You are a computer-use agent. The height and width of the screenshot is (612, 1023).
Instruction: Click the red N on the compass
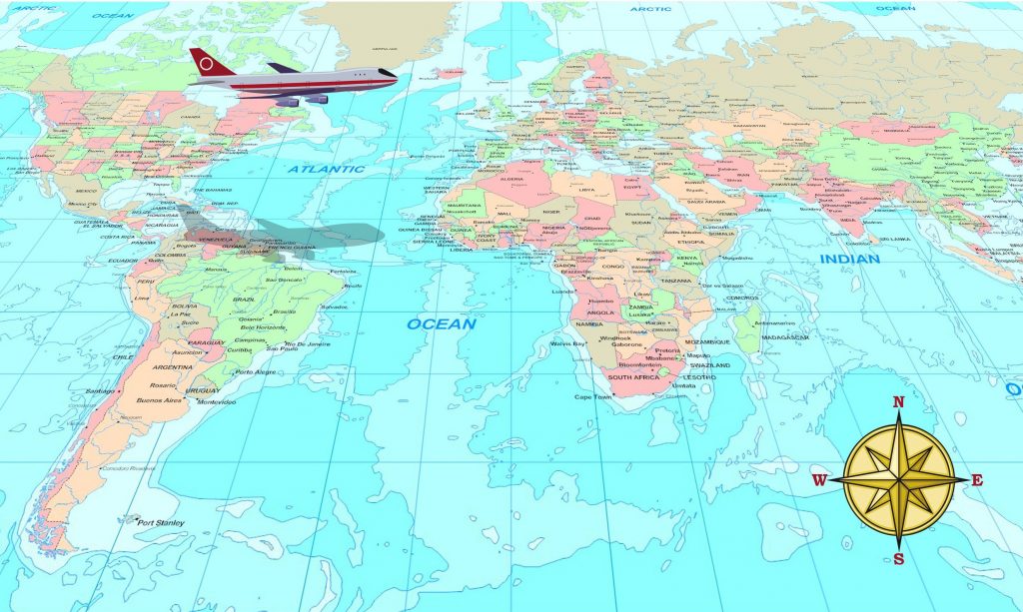tap(897, 402)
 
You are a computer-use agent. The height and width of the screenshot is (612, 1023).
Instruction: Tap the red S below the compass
tap(898, 559)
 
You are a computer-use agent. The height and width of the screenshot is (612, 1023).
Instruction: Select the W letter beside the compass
tap(819, 480)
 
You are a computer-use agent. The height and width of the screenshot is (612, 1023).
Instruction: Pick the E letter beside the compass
tap(977, 480)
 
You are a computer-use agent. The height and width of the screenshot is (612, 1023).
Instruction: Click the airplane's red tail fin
tap(208, 63)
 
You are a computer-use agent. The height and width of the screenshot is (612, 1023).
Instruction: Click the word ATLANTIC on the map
tap(327, 170)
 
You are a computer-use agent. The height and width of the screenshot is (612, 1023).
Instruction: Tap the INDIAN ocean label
tap(849, 260)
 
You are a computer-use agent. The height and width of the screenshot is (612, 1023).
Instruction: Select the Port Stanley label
tap(161, 521)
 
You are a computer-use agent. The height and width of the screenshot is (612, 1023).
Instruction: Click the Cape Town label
tap(591, 396)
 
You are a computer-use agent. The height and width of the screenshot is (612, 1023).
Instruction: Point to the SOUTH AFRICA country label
tap(633, 378)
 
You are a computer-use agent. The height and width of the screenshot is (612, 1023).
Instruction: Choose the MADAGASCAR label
tap(787, 337)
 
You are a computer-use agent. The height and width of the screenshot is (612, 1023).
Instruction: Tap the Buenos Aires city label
tap(159, 400)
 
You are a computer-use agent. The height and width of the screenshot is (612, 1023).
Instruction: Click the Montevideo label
tap(217, 401)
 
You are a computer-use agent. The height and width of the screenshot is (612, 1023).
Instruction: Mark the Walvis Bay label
tap(567, 343)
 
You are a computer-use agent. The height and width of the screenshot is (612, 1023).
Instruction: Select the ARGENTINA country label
tap(173, 366)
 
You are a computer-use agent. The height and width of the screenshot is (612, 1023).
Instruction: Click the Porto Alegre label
tap(255, 372)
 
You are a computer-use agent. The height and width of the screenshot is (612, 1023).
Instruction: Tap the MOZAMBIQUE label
tap(706, 341)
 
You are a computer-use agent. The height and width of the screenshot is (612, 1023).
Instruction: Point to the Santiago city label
tap(102, 390)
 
